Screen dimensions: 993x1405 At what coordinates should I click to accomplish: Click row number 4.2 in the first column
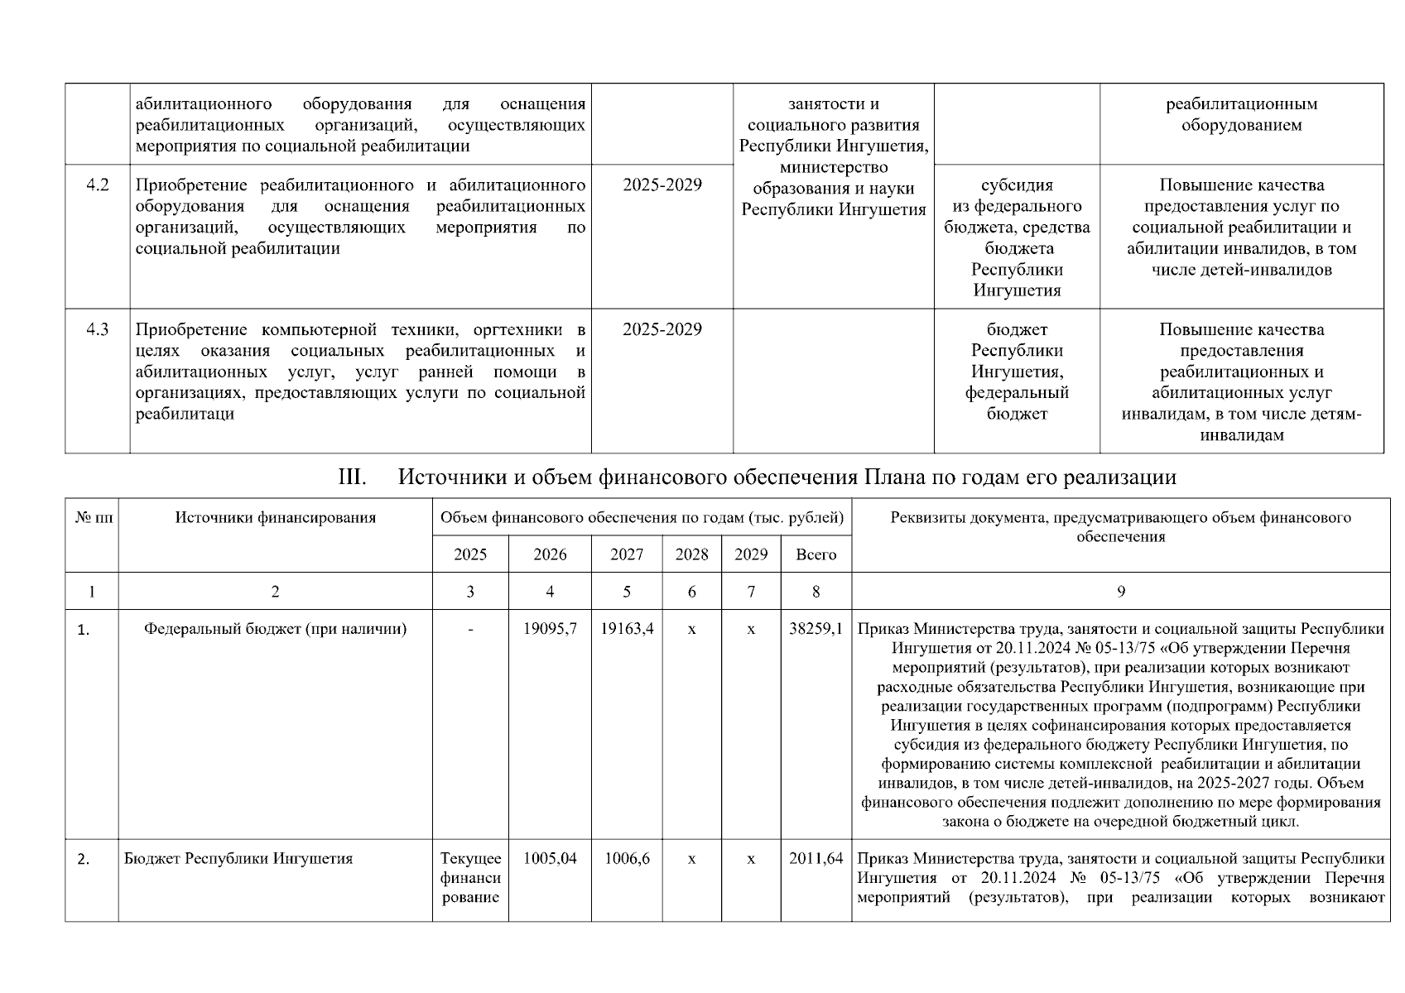click(x=98, y=185)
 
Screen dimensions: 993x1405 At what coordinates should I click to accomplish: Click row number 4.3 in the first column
click(x=98, y=329)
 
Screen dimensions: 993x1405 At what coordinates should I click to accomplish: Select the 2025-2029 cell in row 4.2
click(x=662, y=185)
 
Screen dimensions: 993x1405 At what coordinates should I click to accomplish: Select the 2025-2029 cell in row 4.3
click(x=662, y=329)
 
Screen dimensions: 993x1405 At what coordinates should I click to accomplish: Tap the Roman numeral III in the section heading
click(x=353, y=477)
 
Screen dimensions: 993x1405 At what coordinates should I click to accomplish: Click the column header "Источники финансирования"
click(x=275, y=518)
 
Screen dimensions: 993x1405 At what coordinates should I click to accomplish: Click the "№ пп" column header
click(x=92, y=518)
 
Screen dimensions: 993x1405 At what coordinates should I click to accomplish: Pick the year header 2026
click(x=550, y=554)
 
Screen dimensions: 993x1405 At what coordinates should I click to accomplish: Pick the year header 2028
click(x=691, y=554)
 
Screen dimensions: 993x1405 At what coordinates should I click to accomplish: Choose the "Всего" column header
click(x=816, y=554)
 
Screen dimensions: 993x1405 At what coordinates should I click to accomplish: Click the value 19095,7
click(x=550, y=629)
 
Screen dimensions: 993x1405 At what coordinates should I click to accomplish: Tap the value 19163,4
click(x=627, y=629)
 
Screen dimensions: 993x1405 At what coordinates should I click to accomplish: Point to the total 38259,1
click(x=816, y=629)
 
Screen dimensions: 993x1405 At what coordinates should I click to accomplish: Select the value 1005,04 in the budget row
click(x=550, y=859)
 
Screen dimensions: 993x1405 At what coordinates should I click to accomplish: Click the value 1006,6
click(x=627, y=859)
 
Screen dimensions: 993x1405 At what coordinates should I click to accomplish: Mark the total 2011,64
click(x=816, y=859)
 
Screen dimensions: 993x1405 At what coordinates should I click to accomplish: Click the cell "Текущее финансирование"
click(x=470, y=878)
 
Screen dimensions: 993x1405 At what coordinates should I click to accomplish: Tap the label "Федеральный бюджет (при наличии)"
click(x=275, y=629)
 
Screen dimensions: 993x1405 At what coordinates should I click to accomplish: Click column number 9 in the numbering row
click(x=1120, y=592)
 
